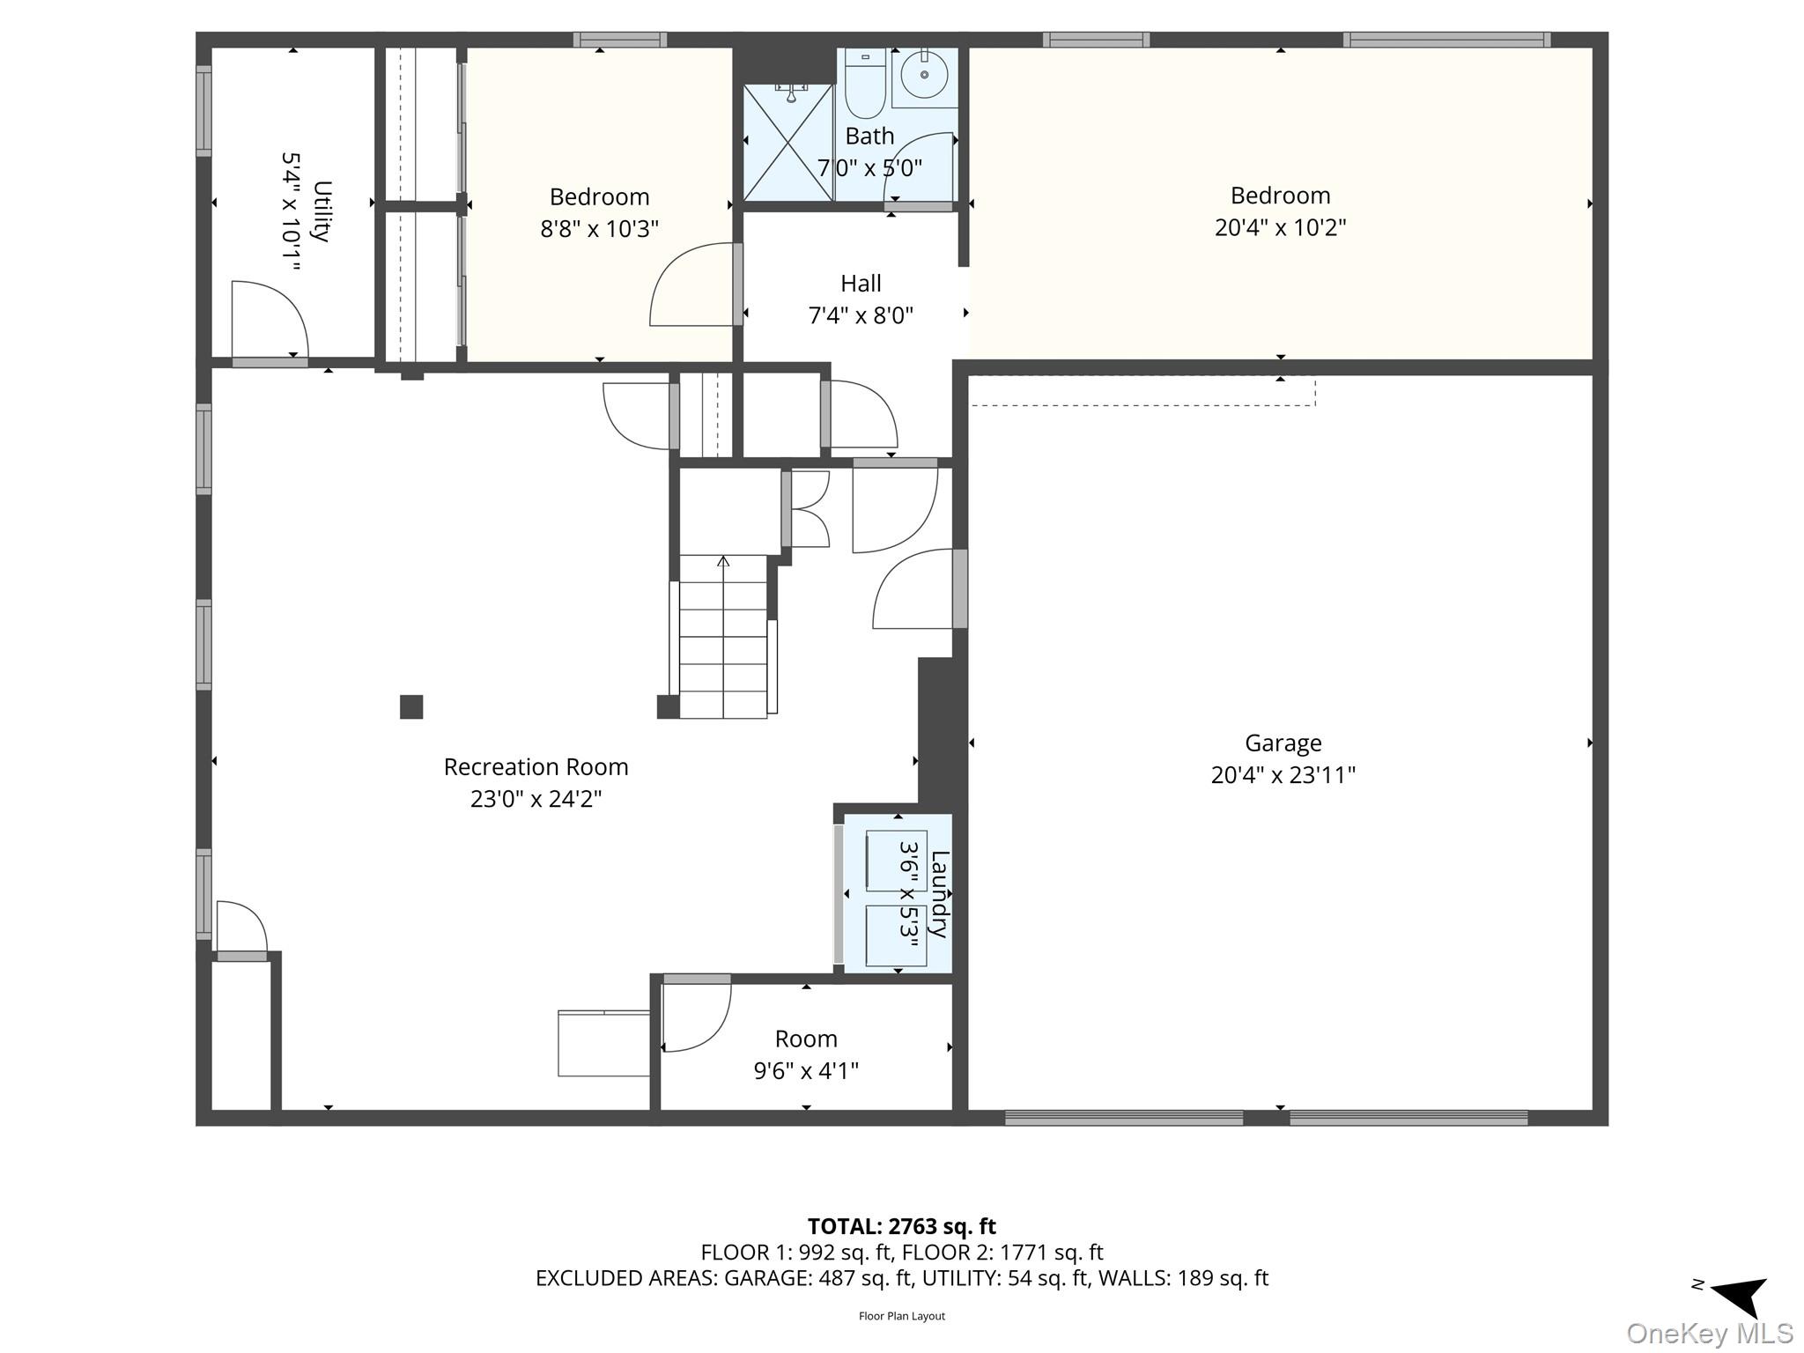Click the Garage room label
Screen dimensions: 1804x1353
[x=1283, y=743]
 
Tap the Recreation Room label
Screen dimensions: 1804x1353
[x=536, y=767]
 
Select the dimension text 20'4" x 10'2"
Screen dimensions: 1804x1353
[x=1280, y=227]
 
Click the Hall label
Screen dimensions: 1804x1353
[x=861, y=284]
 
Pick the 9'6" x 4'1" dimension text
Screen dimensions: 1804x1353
[x=806, y=1070]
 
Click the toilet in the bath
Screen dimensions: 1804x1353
[x=864, y=83]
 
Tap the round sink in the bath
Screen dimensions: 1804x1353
[x=924, y=74]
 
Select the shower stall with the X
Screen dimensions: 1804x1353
[x=788, y=143]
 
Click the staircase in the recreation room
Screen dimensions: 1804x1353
[x=723, y=636]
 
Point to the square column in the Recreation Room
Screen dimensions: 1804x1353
[x=411, y=706]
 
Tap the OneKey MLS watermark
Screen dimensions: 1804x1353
[x=1710, y=1333]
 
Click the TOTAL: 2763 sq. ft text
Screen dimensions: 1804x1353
[x=902, y=1226]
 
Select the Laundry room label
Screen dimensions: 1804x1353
[x=940, y=894]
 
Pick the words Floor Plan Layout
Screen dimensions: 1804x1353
[x=902, y=1316]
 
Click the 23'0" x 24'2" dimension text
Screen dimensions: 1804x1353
[x=536, y=799]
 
